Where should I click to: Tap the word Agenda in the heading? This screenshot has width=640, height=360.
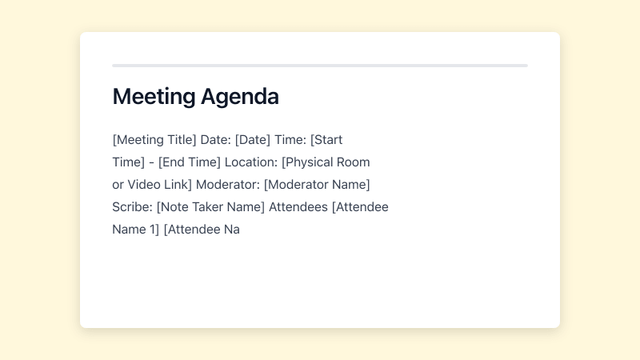239,97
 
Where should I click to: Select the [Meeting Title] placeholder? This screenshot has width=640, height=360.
154,140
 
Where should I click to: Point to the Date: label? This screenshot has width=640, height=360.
215,140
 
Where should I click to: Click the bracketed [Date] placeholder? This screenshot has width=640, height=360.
253,140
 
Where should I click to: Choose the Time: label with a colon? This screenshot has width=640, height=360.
290,140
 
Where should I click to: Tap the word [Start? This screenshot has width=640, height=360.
326,140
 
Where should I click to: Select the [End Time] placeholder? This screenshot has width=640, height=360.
189,162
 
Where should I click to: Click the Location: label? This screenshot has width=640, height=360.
251,162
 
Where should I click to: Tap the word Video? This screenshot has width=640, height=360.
146,185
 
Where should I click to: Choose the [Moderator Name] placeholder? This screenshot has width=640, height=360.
317,185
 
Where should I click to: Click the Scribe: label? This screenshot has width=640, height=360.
132,207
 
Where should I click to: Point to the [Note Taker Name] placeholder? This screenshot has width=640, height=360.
210,207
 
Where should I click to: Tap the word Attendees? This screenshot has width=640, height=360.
298,207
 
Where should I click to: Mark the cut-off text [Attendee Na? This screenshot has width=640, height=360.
202,230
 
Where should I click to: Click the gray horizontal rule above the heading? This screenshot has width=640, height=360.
320,66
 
